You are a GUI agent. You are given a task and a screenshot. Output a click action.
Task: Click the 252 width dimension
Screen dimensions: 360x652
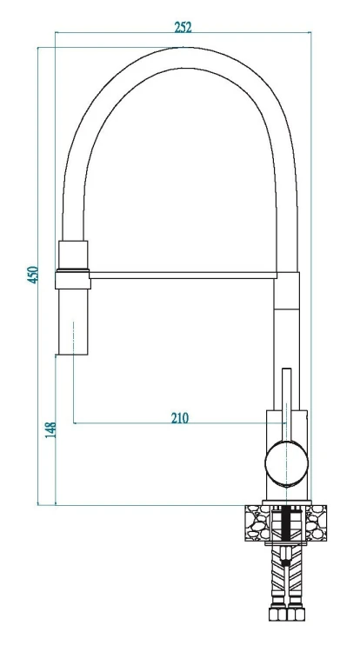[x=183, y=28]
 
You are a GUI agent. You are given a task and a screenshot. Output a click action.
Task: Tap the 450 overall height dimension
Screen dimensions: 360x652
[x=33, y=275]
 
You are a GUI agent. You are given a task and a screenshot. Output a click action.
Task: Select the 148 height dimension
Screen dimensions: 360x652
[x=50, y=430]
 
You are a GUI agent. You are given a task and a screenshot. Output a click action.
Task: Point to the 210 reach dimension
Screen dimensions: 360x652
[x=180, y=417]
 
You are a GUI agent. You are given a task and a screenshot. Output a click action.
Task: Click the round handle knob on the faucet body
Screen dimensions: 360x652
[x=286, y=463]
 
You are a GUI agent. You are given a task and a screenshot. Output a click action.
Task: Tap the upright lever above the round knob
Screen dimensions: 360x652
[x=287, y=404]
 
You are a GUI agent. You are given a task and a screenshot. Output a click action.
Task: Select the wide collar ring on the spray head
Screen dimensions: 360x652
[x=73, y=279]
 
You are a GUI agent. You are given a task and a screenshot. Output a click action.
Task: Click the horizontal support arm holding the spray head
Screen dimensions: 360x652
[x=183, y=276]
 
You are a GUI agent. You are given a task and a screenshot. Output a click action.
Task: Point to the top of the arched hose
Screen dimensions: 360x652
[x=183, y=57]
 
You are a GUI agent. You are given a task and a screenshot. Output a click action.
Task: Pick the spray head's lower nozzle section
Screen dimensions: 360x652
[x=73, y=322]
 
